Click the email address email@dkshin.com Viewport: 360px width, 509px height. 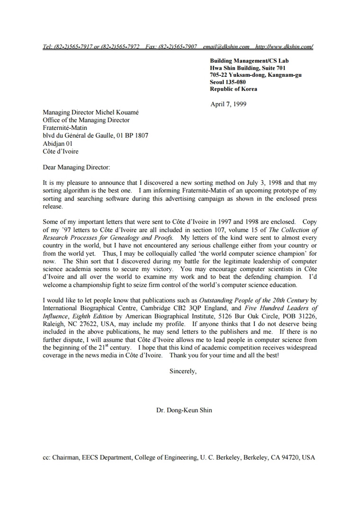tap(226, 46)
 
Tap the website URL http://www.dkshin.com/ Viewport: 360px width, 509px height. tap(284, 46)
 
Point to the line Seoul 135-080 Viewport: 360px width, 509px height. tap(228, 82)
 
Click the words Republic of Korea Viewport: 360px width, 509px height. tap(234, 89)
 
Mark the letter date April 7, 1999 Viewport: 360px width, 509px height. tap(228, 104)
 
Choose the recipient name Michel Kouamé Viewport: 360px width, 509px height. tap(117, 113)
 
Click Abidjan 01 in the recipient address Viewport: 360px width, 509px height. tap(58, 144)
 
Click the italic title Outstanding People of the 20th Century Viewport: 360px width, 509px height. tap(254, 300)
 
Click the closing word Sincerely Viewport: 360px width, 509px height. tap(182, 371)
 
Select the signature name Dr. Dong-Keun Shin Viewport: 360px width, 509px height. tap(184, 410)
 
